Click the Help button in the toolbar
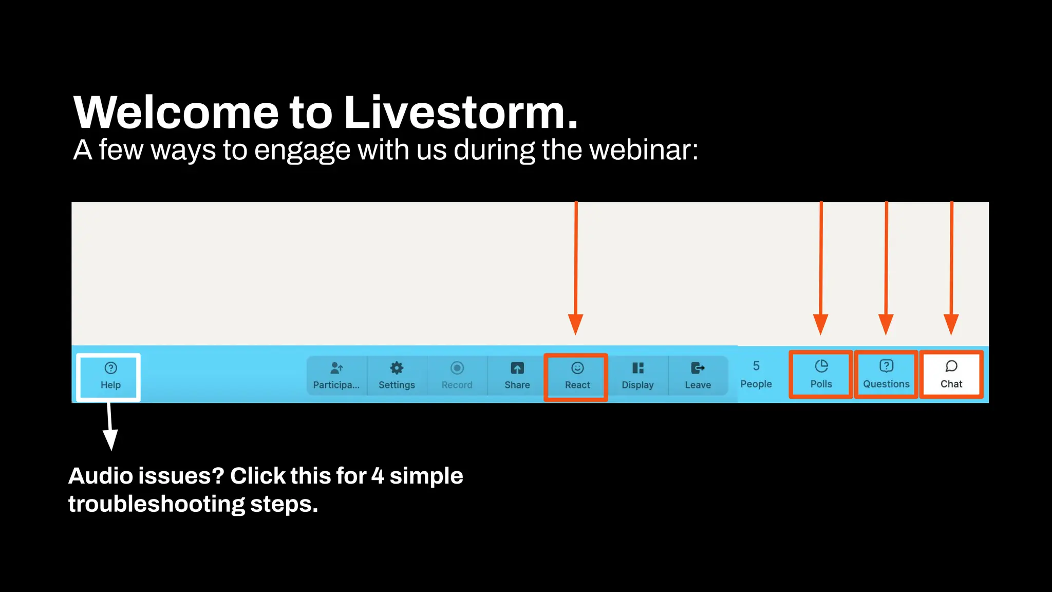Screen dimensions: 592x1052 tap(110, 376)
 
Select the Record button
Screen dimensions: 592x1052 tap(457, 376)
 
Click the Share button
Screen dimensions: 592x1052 tap(517, 376)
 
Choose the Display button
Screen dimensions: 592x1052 tap(637, 376)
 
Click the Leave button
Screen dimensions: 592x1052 tap(698, 376)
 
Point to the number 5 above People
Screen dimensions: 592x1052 tap(756, 366)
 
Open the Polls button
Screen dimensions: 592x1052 tap(821, 375)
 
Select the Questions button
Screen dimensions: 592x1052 tap(886, 375)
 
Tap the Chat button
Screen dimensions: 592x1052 tap(951, 375)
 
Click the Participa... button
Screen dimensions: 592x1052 tap(336, 376)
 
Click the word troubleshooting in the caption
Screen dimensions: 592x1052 tap(156, 504)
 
